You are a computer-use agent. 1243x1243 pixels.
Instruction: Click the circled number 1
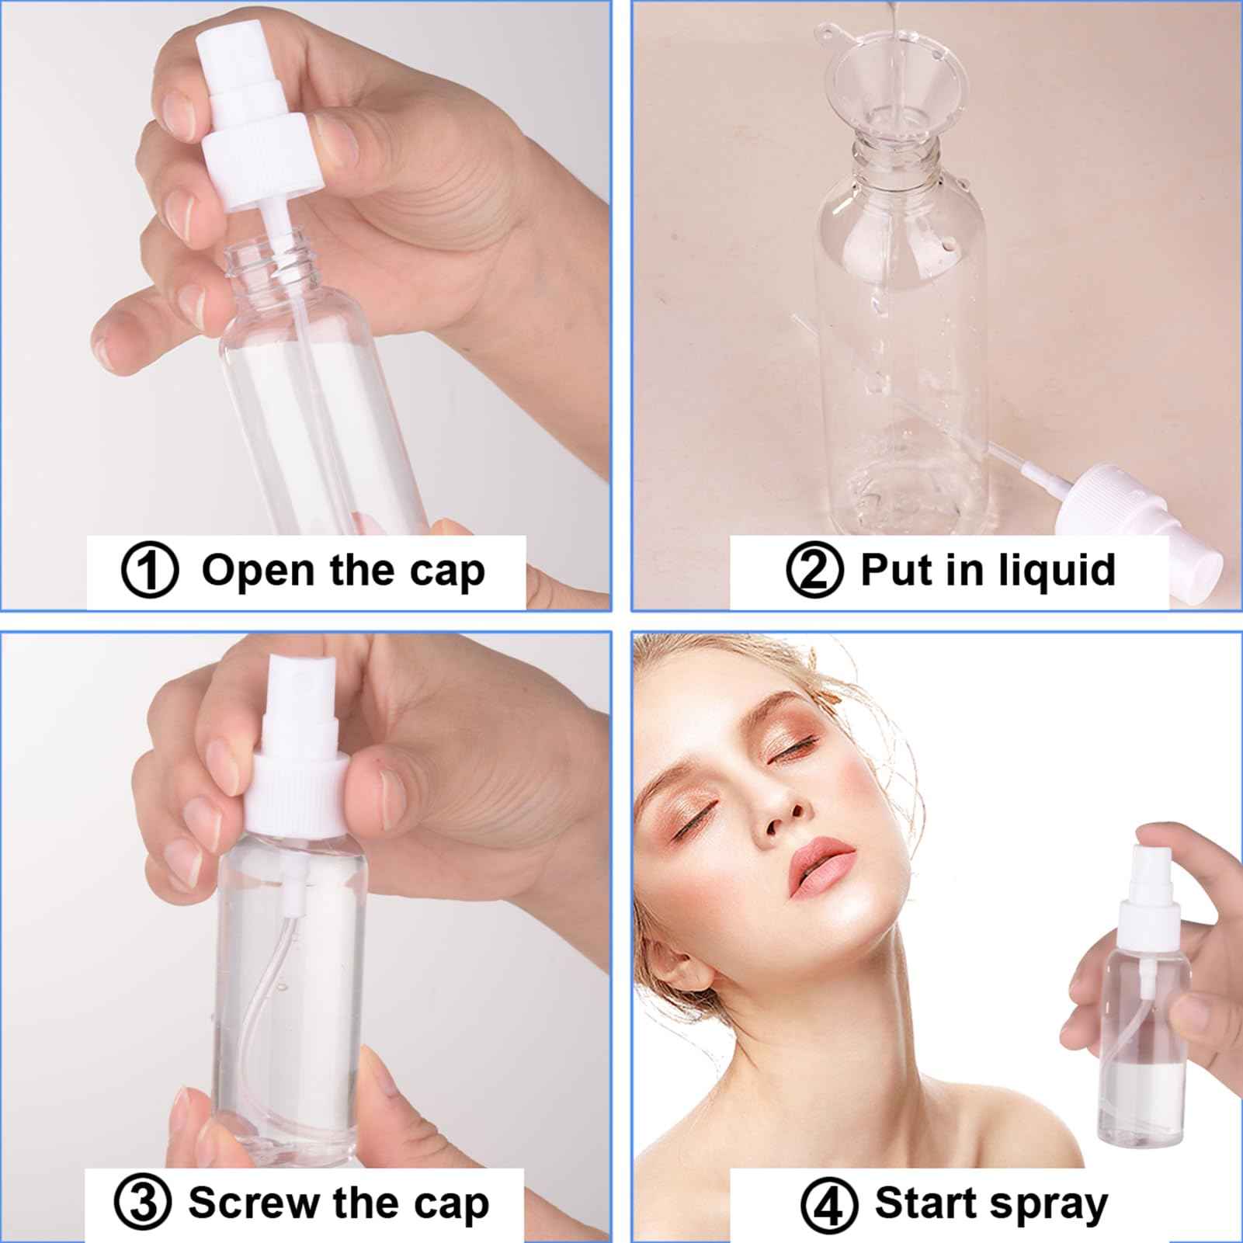click(x=150, y=571)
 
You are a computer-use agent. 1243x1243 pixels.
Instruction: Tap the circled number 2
click(x=814, y=571)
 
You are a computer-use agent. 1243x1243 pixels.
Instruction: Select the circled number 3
click(x=141, y=1203)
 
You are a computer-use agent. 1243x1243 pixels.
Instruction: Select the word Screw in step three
click(x=255, y=1203)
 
